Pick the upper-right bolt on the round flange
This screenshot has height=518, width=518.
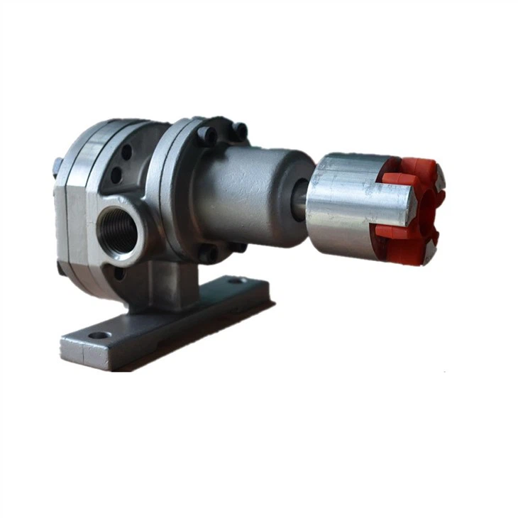click(x=240, y=131)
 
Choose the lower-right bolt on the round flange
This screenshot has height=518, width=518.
click(x=238, y=247)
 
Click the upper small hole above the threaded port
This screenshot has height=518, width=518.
click(x=126, y=153)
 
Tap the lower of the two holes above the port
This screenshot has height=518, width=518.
click(x=116, y=175)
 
